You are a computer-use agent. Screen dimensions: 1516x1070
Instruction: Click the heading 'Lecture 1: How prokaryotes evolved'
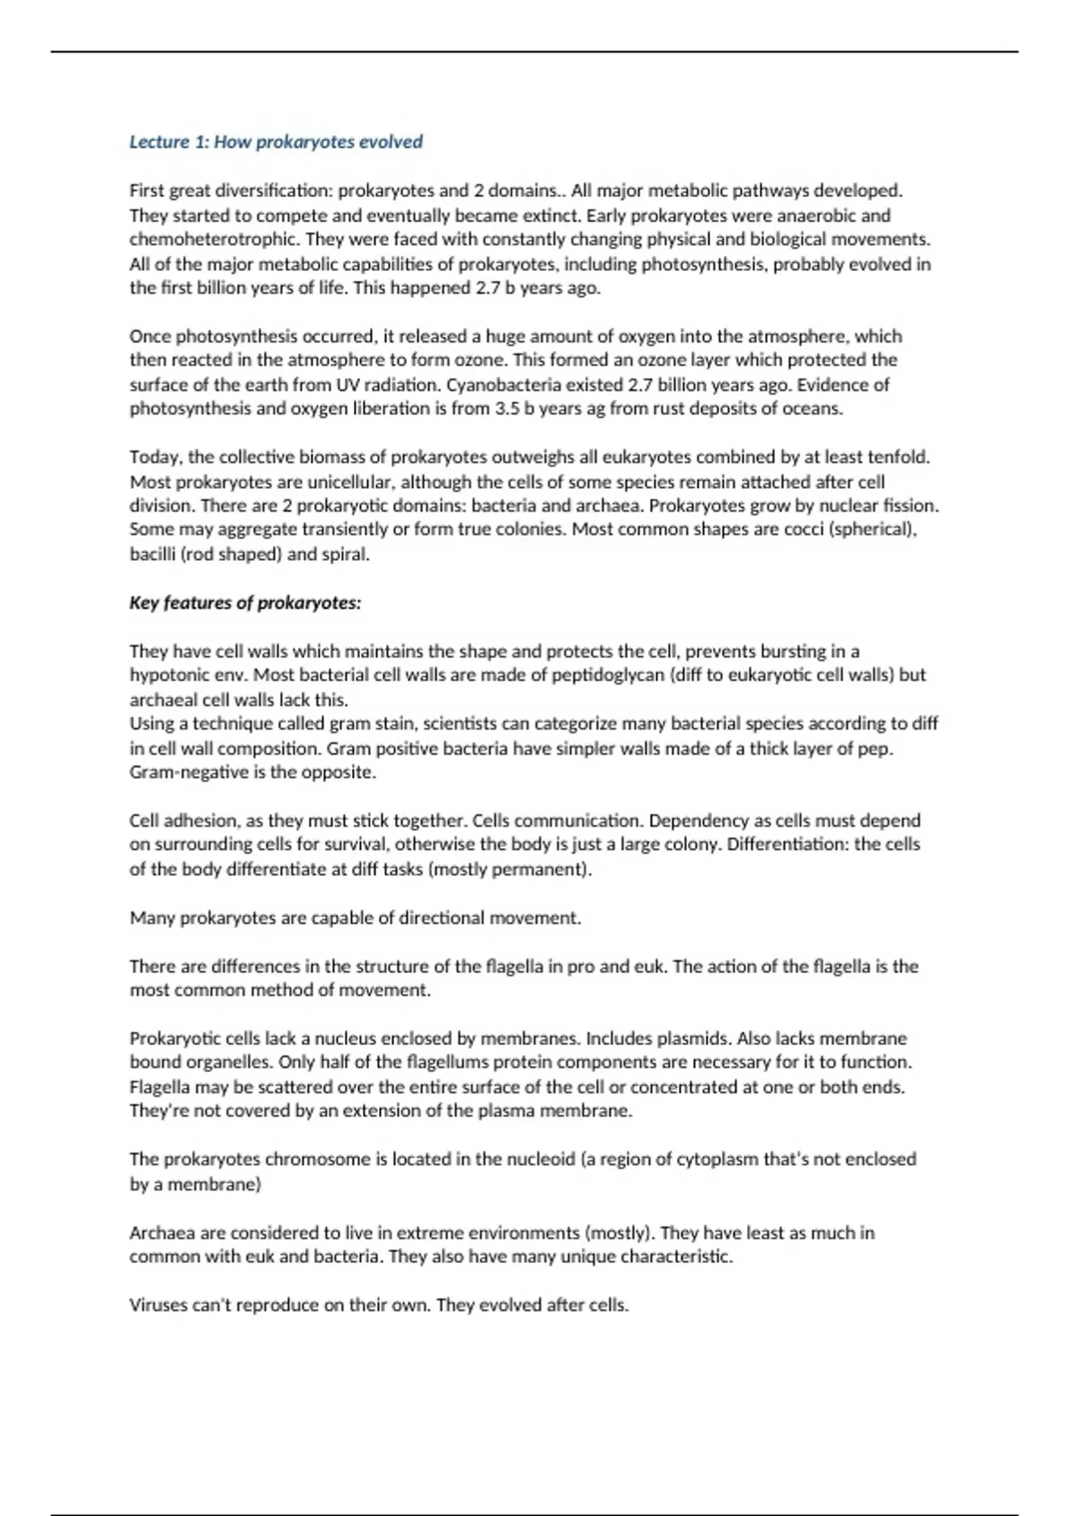point(276,142)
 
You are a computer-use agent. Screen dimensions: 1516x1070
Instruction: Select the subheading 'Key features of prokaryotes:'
point(245,603)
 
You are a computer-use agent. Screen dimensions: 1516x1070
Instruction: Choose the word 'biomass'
point(332,457)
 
